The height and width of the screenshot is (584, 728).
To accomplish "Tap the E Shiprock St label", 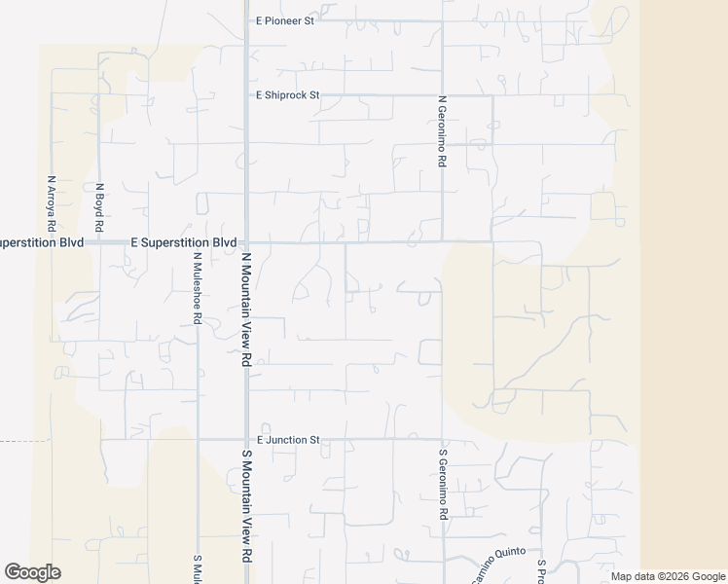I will click(288, 95).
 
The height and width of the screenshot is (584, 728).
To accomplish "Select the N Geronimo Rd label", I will click(442, 130).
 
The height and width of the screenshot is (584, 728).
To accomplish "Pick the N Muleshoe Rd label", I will click(197, 288).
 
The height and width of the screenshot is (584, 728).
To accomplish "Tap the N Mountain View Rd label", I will click(246, 310).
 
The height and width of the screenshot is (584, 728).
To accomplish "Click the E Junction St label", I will click(288, 440).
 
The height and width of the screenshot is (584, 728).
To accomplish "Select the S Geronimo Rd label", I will click(442, 483).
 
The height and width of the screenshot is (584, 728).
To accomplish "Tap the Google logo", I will click(32, 572).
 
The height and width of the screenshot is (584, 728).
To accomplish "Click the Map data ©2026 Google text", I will click(667, 576).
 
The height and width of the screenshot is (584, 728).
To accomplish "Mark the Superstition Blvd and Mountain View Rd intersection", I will click(246, 241).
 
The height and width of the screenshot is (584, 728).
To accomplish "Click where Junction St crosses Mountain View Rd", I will click(246, 439).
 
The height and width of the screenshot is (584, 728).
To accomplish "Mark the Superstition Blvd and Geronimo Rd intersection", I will click(443, 241).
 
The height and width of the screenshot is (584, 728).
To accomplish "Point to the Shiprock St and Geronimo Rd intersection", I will click(443, 95).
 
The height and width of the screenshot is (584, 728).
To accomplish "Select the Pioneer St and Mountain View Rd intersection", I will click(246, 19).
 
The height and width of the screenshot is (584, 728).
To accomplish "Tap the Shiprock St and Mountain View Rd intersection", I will click(246, 95).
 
